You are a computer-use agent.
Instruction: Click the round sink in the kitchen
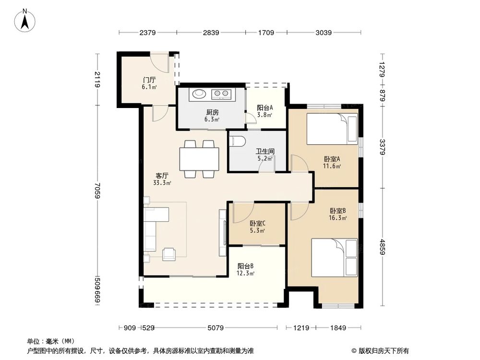tap(198, 94)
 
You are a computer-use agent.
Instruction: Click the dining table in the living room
tap(199, 158)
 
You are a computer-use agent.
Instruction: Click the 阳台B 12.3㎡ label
tap(246, 269)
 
